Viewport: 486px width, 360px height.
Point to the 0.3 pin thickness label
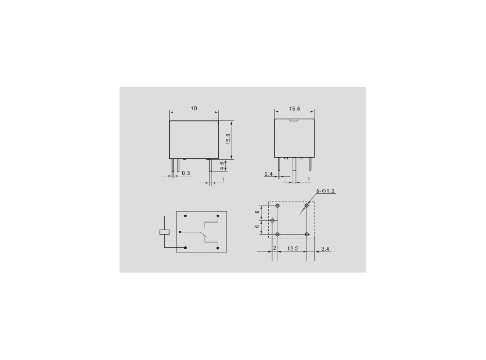click(186, 173)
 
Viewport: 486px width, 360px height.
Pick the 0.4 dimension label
click(268, 174)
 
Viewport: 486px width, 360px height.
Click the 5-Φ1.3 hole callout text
click(325, 191)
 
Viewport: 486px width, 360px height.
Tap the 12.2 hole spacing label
click(292, 248)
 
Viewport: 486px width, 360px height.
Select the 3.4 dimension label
click(326, 248)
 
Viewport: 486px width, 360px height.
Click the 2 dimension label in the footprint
click(275, 248)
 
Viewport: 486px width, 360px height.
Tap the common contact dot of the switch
click(180, 232)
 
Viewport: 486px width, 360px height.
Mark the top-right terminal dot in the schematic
click(218, 215)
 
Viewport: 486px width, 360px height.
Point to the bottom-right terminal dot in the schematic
click(218, 248)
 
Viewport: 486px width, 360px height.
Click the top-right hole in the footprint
click(307, 206)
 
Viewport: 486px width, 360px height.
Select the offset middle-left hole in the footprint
click(272, 221)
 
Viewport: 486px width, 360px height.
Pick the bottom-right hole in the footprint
click(307, 235)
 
